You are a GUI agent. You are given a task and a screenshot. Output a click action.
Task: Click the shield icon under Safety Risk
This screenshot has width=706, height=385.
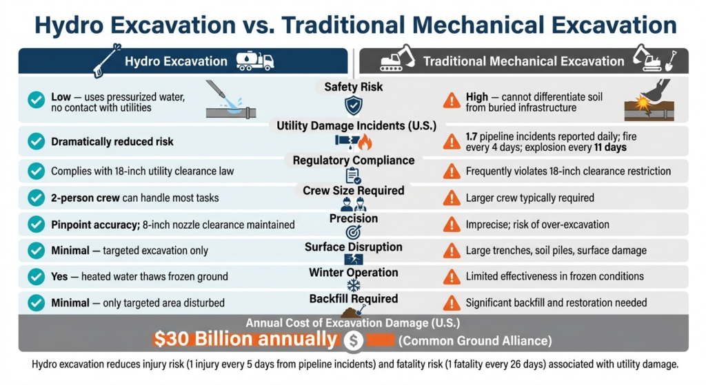[x=354, y=105]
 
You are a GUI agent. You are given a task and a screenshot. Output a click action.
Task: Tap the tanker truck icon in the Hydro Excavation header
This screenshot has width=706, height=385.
[x=255, y=61]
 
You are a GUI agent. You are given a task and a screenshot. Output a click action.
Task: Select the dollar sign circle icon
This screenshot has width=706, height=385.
[x=354, y=340]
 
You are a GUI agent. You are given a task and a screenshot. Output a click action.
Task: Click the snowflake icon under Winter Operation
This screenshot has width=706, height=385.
[x=354, y=286]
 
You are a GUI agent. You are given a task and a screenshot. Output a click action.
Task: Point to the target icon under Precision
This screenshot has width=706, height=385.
[x=354, y=232]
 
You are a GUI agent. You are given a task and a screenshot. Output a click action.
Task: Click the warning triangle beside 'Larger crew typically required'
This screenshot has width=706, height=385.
[x=451, y=198]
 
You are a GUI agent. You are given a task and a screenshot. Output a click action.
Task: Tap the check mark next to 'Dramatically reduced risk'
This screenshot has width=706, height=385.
[x=36, y=142]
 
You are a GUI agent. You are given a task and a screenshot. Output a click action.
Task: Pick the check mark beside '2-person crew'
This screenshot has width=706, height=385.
[x=36, y=198]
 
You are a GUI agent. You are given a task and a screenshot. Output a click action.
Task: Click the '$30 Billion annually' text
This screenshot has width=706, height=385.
[x=245, y=339]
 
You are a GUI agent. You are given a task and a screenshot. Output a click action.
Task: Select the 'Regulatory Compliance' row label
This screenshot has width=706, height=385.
[x=354, y=160]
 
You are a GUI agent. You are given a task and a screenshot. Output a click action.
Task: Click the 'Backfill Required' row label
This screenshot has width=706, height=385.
[x=354, y=299]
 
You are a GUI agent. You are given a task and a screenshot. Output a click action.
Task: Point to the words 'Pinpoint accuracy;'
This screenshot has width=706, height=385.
[x=95, y=225]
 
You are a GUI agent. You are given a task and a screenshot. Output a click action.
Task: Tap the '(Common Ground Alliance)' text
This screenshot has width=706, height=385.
[x=475, y=340]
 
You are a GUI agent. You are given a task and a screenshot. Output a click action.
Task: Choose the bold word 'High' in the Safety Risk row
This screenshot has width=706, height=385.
[x=477, y=97]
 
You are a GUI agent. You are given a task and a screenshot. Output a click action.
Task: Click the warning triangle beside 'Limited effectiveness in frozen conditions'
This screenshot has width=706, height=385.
[x=451, y=277]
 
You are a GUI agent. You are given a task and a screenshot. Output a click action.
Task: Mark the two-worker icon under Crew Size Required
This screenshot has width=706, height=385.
[x=354, y=204]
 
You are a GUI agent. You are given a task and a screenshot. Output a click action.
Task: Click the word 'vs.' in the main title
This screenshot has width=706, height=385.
[x=255, y=25]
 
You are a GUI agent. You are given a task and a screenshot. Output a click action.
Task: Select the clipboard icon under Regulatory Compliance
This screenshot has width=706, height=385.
[x=353, y=176]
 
